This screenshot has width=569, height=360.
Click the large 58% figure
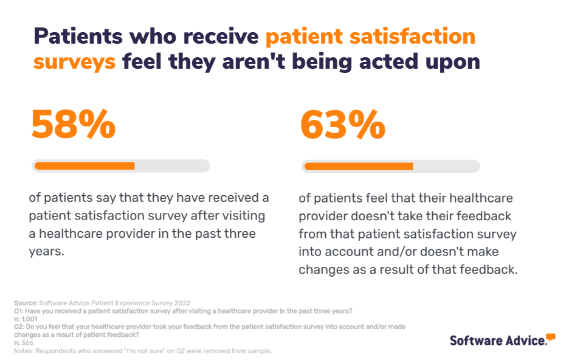73,125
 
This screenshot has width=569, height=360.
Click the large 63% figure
342,125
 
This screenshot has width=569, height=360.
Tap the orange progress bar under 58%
84,165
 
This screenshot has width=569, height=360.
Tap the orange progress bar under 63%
358,166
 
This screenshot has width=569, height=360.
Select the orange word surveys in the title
74,61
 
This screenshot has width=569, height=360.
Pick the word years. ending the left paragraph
46,252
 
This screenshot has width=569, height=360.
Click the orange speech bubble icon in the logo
551,337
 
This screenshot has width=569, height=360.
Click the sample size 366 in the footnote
27,343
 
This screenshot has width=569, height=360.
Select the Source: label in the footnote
26,302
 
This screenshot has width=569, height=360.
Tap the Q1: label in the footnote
19,311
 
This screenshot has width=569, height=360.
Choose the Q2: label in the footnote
19,327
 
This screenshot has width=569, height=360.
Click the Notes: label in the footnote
24,351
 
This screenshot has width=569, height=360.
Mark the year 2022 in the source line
181,302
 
